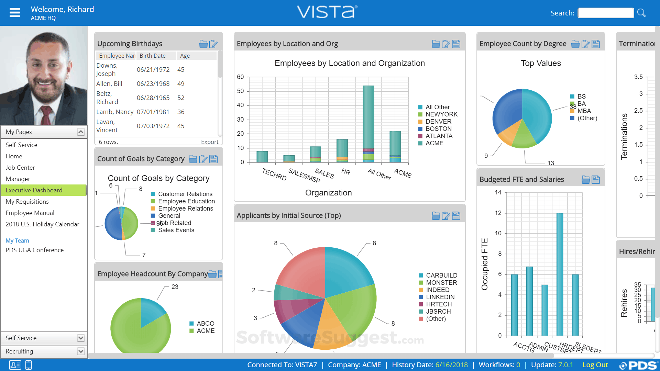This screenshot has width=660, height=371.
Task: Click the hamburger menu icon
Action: [x=15, y=13]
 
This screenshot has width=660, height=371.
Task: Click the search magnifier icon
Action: [x=641, y=13]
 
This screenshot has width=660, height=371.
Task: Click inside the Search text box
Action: [x=605, y=13]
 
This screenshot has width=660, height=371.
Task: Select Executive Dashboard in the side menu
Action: [x=34, y=190]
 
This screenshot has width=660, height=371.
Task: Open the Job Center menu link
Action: [x=20, y=168]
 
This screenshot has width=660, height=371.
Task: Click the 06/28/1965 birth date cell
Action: [x=153, y=98]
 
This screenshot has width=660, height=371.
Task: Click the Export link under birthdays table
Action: [x=209, y=142]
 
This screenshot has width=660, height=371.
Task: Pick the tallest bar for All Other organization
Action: [x=368, y=117]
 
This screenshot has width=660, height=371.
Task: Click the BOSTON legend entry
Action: [x=438, y=129]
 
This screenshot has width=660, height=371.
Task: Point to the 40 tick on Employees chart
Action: [x=240, y=105]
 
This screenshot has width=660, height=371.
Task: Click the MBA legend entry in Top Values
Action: [x=584, y=111]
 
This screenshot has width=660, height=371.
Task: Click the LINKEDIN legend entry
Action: [x=440, y=297]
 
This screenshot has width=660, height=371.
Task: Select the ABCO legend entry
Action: [x=205, y=324]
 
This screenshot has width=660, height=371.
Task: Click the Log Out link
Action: [x=595, y=365]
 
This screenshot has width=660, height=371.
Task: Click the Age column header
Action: [x=185, y=56]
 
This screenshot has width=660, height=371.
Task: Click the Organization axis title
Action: [x=328, y=193]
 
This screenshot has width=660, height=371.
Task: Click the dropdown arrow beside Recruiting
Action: [x=80, y=351]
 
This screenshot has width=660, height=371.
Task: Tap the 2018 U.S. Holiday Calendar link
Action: [x=42, y=224]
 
